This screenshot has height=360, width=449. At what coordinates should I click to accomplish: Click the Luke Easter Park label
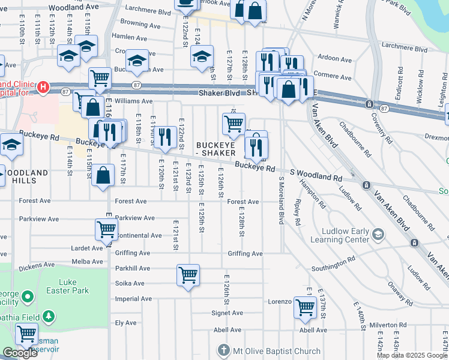tap(74, 286)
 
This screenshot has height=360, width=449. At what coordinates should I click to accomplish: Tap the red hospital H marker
tap(43, 88)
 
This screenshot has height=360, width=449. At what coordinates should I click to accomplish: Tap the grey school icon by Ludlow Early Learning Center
tap(378, 233)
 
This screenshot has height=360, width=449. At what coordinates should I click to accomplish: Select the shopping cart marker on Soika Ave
tap(188, 275)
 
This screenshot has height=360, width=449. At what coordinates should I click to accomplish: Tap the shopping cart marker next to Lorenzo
tap(305, 307)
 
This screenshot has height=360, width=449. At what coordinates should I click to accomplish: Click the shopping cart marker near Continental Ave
tap(106, 229)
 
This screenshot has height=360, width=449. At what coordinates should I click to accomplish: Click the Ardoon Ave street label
tap(334, 60)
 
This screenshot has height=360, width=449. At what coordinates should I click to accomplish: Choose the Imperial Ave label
tap(130, 298)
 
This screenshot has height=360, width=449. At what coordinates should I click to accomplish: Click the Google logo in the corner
tap(20, 353)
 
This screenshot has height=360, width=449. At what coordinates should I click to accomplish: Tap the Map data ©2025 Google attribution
tap(411, 355)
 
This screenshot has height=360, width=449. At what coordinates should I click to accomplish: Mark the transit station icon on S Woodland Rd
tap(366, 185)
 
